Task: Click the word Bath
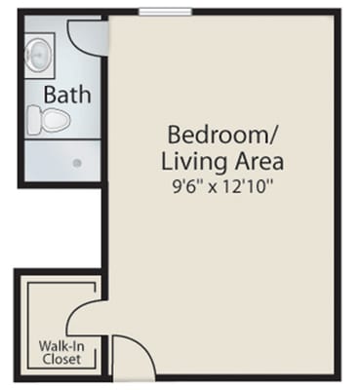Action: tap(67, 96)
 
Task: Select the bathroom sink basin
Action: tap(39, 56)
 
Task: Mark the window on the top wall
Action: tap(165, 12)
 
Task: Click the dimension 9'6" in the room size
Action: tap(180, 181)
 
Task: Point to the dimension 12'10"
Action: tap(248, 181)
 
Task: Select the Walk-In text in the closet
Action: tap(60, 346)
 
